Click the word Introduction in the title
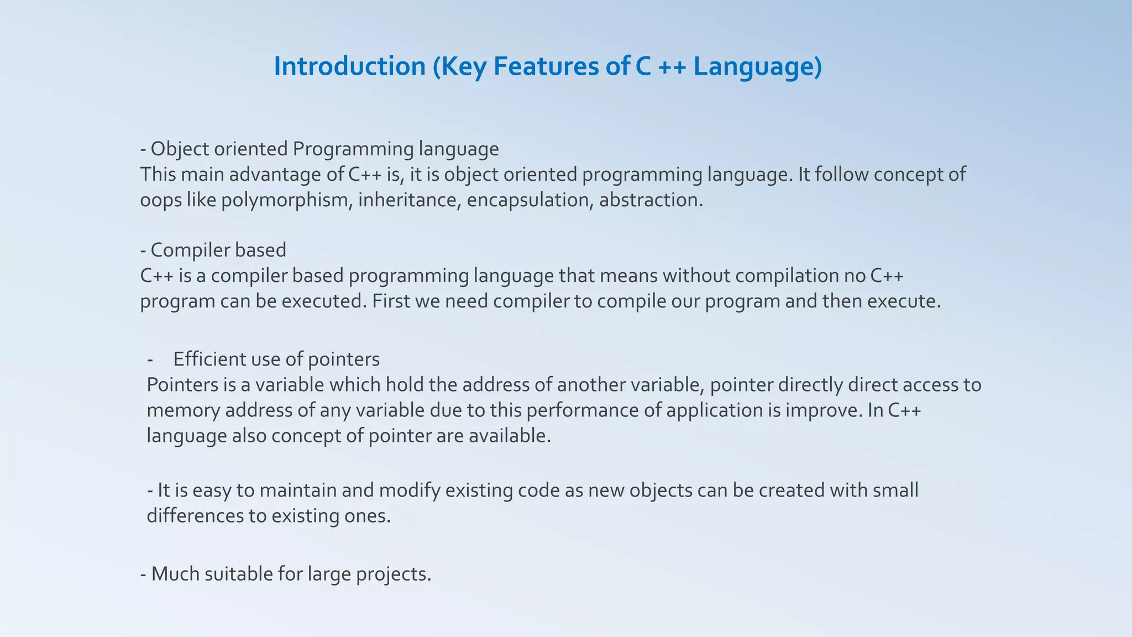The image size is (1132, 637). point(349,66)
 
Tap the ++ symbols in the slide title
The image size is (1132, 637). point(672,66)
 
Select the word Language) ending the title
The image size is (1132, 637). point(758,66)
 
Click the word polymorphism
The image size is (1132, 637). point(287,200)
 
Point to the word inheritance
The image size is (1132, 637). point(410,200)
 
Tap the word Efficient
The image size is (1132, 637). point(209,359)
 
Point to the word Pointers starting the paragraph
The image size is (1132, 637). point(182,385)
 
